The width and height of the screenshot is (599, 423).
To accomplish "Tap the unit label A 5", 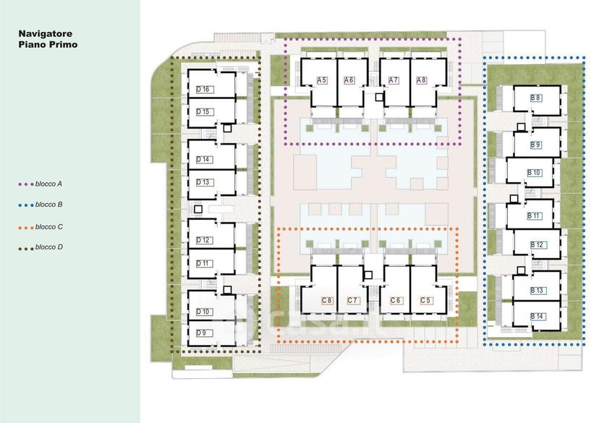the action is click(322, 80).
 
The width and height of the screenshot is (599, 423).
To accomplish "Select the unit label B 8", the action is click(535, 98).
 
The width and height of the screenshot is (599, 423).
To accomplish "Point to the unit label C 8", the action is click(326, 301).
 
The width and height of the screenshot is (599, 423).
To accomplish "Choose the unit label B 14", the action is click(537, 317).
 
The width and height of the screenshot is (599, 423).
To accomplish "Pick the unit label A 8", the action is click(421, 80).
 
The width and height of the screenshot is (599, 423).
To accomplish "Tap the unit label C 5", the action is click(425, 301).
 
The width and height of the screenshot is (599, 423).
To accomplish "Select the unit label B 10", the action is click(534, 173).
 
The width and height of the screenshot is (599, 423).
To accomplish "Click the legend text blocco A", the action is click(48, 184).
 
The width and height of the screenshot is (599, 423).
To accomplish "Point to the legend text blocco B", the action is click(49, 205).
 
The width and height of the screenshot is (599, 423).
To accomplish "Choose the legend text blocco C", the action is click(49, 227).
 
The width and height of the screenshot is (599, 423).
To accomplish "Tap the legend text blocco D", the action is click(49, 247).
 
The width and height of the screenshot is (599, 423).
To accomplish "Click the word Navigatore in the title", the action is click(46, 33).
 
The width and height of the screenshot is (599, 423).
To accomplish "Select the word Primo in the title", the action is click(63, 45).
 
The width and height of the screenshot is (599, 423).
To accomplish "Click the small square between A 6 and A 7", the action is click(379, 98).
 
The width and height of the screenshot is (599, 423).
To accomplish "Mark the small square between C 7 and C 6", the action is click(369, 275).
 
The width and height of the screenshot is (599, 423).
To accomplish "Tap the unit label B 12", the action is click(537, 244).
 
